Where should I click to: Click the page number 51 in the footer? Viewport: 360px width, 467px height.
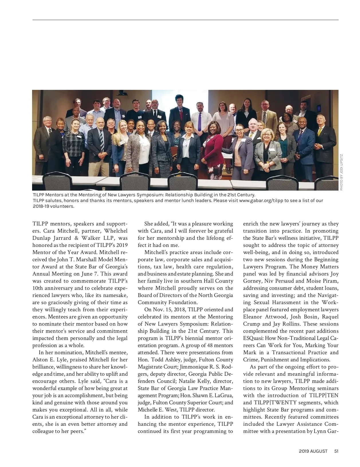336,451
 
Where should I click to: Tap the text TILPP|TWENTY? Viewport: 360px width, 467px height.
274,403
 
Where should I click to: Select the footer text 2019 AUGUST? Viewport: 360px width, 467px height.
313,451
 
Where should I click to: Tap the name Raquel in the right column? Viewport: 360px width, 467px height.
330,317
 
